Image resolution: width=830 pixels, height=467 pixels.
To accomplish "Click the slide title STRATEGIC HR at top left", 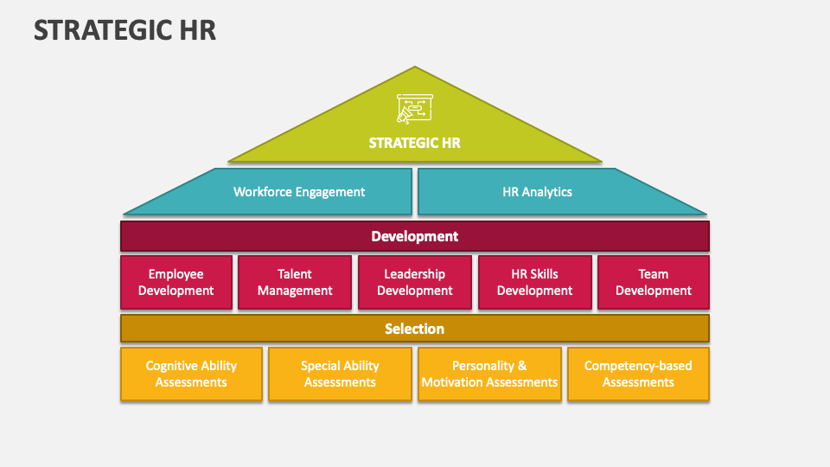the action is [x=124, y=30].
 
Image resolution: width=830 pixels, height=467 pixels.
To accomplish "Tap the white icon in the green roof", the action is [x=414, y=109].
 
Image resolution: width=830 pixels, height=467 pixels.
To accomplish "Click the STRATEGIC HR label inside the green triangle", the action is [x=414, y=143].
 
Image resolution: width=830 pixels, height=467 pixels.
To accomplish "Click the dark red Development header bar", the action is [x=415, y=236].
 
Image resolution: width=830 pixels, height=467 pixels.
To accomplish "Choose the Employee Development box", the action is [x=176, y=282].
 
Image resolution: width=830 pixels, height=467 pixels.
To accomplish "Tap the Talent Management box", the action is [x=295, y=282].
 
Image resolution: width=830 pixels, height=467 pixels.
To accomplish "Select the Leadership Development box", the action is [x=415, y=282].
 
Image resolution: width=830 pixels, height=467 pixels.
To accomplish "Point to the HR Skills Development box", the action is [x=535, y=282].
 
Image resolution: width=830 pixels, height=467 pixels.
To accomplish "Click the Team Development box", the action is [x=654, y=282].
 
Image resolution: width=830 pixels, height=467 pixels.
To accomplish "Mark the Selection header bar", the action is [x=415, y=329].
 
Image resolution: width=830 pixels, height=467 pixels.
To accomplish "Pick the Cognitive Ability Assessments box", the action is [x=192, y=374].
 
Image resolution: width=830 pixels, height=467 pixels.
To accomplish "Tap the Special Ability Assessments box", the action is [x=340, y=374].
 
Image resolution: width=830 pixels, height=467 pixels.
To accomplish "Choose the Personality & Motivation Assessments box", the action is [x=489, y=374].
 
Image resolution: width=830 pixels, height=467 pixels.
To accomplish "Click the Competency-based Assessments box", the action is [x=638, y=374].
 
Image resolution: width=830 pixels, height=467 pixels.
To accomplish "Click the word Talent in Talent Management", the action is [x=295, y=274].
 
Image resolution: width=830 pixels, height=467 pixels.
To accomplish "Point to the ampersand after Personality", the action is [x=522, y=366].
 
